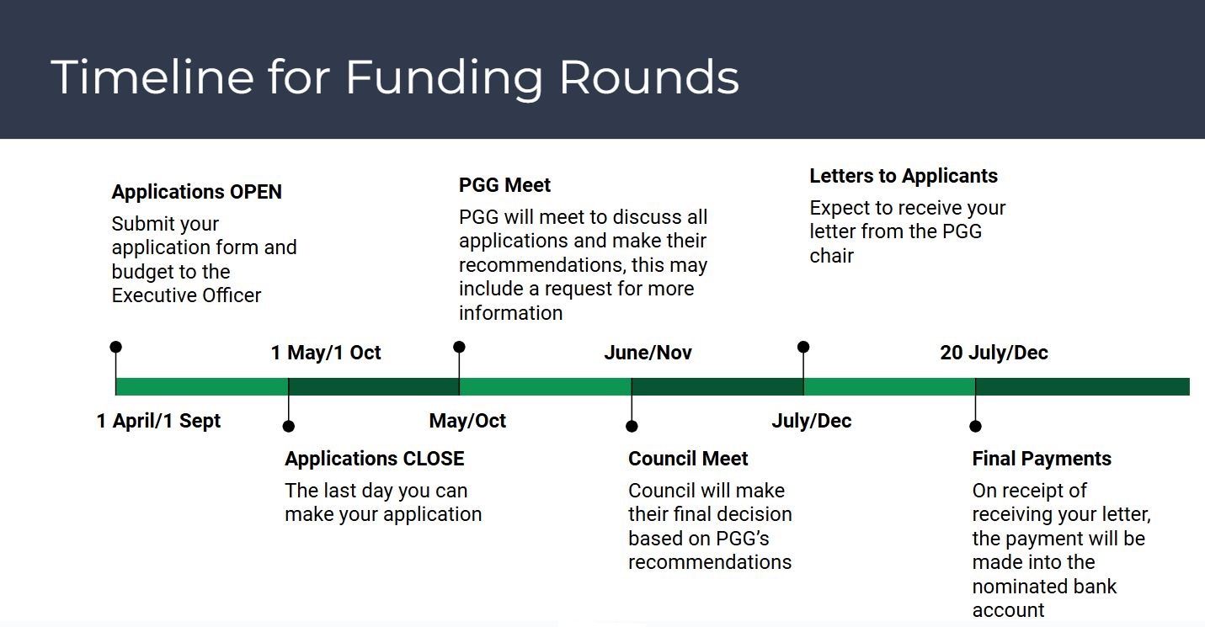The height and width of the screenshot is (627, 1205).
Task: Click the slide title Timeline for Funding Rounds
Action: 395,77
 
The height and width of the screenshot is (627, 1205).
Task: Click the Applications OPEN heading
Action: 196,192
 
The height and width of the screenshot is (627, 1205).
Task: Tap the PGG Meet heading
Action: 504,185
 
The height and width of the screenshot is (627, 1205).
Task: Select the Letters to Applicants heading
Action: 904,176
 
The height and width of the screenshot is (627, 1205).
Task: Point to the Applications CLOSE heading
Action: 375,459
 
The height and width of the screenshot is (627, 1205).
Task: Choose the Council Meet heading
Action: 688,459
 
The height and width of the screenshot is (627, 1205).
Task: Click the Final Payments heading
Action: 1042,459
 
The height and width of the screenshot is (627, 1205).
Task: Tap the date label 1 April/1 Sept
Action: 158,421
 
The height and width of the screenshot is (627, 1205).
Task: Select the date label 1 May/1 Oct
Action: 326,353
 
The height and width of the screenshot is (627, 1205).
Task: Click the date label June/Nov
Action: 648,353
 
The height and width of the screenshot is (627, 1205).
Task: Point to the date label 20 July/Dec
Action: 994,353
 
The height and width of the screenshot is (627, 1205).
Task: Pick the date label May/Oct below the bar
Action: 467,421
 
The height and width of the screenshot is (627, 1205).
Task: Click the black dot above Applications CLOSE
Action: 288,427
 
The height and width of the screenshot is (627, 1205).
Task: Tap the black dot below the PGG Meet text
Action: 459,347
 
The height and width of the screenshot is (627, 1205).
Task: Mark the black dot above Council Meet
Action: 632,427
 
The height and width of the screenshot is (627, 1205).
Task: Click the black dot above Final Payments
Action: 975,427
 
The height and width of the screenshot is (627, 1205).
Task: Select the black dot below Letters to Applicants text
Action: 803,347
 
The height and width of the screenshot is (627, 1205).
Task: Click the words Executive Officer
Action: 186,295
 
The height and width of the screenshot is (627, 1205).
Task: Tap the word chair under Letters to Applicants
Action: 832,256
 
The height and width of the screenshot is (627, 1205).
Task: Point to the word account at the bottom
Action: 1008,610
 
